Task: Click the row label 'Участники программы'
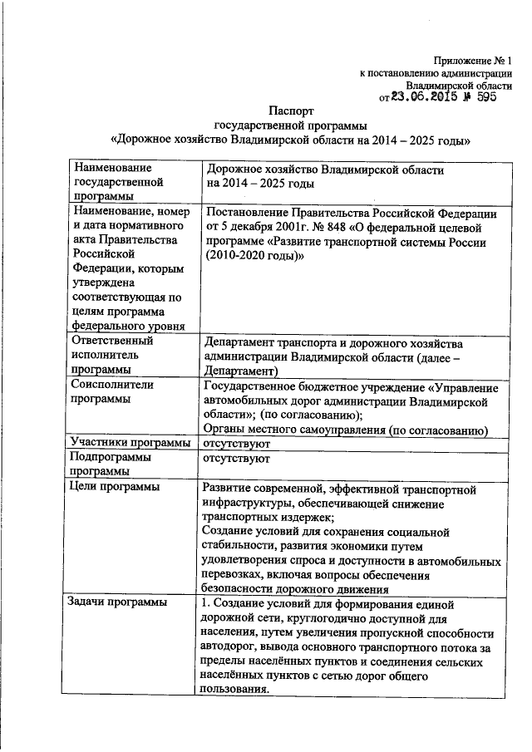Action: [x=131, y=444]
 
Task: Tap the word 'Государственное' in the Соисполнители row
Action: [x=253, y=386]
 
